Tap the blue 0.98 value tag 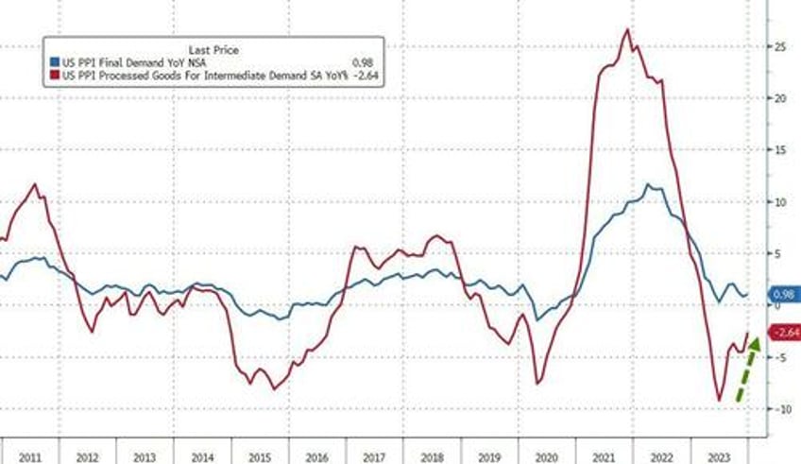pyautogui.click(x=782, y=294)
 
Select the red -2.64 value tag pyautogui.click(x=784, y=333)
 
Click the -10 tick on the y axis pyautogui.click(x=777, y=409)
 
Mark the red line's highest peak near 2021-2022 pyautogui.click(x=627, y=29)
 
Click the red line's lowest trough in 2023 pyautogui.click(x=719, y=401)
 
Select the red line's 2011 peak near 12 pyautogui.click(x=36, y=184)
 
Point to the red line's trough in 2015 pyautogui.click(x=274, y=389)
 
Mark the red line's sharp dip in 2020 pyautogui.click(x=537, y=383)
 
